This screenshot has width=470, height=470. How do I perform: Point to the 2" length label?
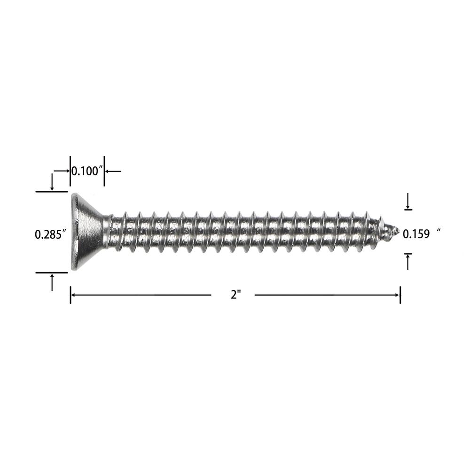236,295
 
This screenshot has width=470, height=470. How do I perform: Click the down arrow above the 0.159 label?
407,202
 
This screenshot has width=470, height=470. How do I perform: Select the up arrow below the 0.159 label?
407,261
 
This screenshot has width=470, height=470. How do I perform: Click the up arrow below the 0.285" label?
52,282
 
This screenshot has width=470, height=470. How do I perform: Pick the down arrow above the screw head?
52,182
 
